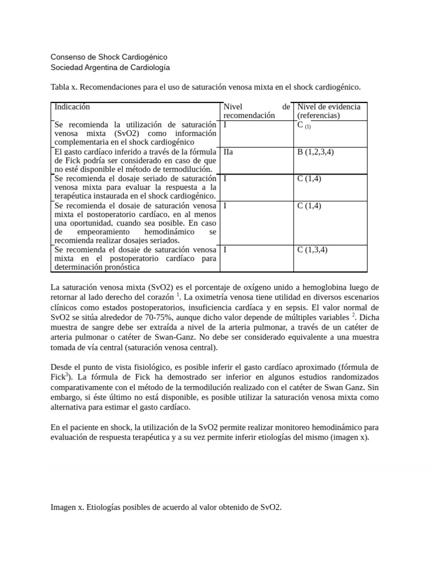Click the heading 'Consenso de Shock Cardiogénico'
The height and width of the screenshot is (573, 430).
tap(109, 57)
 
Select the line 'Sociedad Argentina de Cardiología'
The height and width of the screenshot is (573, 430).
tap(110, 68)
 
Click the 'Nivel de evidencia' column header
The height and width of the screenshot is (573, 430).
tap(329, 106)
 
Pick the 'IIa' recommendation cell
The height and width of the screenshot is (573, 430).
tap(228, 152)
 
